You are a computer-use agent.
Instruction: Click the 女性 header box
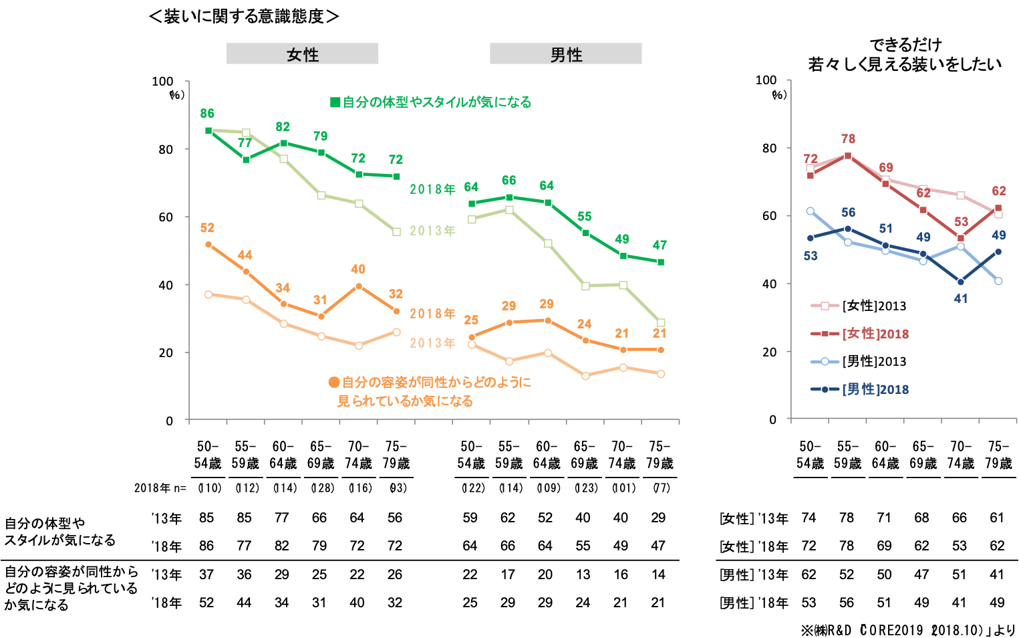302,54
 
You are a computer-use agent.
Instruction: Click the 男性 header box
565,54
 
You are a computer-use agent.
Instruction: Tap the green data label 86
207,114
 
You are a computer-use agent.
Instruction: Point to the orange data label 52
207,228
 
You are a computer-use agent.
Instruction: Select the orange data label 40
358,270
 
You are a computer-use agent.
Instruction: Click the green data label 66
508,181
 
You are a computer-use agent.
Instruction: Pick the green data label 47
660,245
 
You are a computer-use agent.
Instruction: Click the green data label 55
584,217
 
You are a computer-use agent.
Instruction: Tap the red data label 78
848,139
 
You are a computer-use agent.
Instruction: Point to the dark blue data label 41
961,299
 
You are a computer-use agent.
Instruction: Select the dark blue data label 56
848,213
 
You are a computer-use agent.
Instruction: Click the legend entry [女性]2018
875,334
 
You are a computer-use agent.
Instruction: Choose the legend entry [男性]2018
875,389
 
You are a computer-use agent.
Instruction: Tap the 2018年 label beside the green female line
432,189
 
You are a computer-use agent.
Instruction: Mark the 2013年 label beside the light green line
432,231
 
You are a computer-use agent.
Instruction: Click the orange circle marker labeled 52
208,245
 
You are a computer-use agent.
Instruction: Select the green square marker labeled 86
208,130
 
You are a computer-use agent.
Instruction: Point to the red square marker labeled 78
848,156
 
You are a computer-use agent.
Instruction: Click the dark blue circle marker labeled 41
961,282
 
